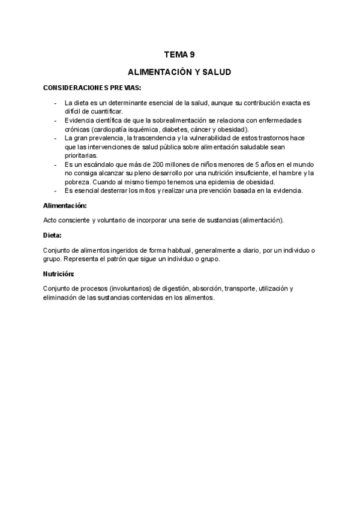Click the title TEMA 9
[x=179, y=55]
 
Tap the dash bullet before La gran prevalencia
[x=56, y=137]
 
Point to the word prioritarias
[x=81, y=155]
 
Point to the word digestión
[x=166, y=288]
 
